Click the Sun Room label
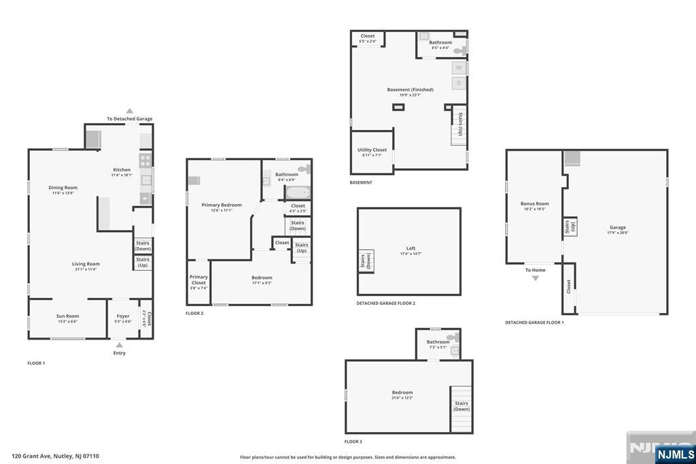pos(67,316)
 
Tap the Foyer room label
pos(123,316)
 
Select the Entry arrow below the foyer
pos(120,346)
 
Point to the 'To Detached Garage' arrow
pos(129,111)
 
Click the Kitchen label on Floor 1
pos(122,170)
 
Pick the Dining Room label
pos(63,188)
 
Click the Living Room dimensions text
pos(86,269)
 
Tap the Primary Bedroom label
pos(222,205)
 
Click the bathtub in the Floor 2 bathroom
pos(297,193)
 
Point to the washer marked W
pos(459,68)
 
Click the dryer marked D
pos(459,83)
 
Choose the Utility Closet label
pos(372,150)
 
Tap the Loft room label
pos(411,248)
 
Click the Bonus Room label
pos(534,203)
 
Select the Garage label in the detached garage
pos(618,227)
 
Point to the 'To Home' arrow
pos(536,278)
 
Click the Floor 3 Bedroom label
pos(402,393)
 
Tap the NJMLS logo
pos(676,454)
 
